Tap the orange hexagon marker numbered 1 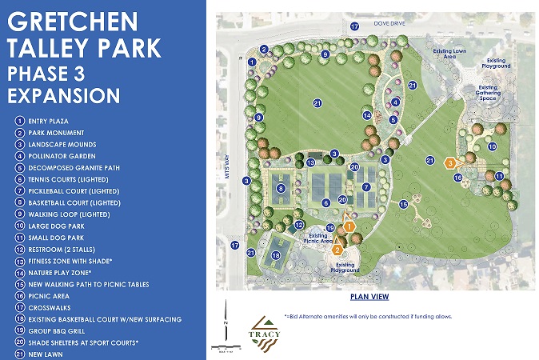pos(349,227)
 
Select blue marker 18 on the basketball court pos(276,255)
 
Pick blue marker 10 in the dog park pos(493,147)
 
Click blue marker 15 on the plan pos(404,206)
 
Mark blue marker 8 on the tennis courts pos(281,189)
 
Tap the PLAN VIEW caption pos(369,297)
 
